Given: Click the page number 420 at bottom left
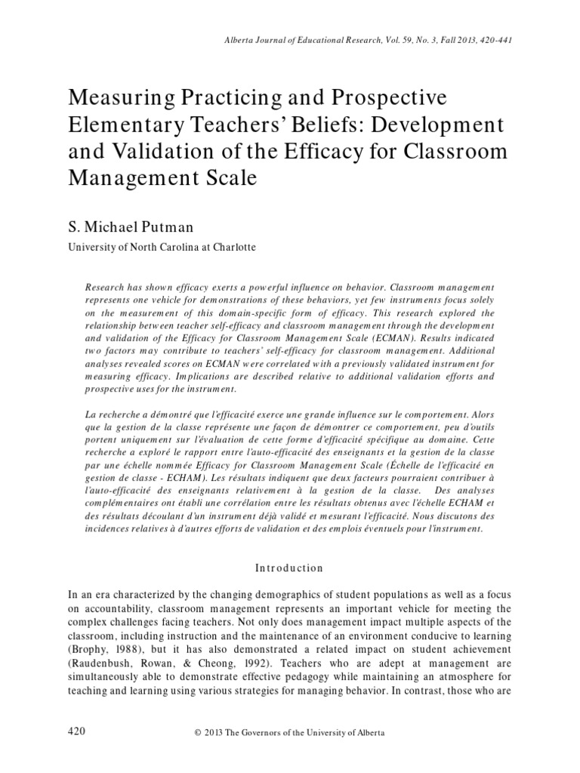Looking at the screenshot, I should [x=76, y=732].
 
